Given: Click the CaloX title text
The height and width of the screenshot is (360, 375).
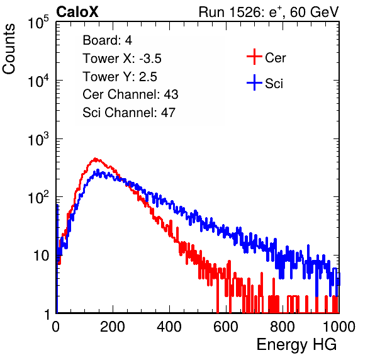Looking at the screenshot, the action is tap(77, 12).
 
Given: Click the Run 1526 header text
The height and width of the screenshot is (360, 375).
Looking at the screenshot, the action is tap(269, 12).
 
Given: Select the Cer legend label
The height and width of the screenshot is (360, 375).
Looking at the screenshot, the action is tap(275, 58).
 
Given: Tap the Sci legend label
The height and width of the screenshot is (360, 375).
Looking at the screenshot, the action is tap(274, 84).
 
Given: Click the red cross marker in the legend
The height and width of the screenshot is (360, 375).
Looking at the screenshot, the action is tap(254, 57).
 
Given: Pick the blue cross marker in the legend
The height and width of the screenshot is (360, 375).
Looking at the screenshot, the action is tap(254, 82).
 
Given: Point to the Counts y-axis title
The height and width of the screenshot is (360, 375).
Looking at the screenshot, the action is tap(9, 49).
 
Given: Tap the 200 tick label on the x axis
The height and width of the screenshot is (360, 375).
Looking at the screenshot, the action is tap(113, 327).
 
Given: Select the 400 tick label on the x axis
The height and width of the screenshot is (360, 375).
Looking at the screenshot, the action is tap(169, 327).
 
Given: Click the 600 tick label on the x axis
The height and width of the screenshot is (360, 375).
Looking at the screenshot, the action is tap(226, 327).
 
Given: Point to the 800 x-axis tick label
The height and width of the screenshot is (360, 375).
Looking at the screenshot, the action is tap(283, 327).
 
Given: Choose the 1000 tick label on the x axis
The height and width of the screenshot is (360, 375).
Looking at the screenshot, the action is tap(339, 327).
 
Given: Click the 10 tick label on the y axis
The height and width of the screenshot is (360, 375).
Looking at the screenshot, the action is tap(41, 256).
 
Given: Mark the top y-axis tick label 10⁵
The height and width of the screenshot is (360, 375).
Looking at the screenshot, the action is tap(38, 22).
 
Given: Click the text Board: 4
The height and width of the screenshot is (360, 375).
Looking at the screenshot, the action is tap(107, 40).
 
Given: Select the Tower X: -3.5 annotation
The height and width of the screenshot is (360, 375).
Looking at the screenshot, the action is tap(122, 59).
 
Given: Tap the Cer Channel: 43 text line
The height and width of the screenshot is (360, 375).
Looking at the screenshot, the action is tap(130, 94).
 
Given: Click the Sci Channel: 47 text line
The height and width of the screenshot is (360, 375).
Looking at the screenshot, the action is tap(129, 113).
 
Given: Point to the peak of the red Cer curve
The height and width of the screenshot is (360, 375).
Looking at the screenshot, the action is tap(96, 159).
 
